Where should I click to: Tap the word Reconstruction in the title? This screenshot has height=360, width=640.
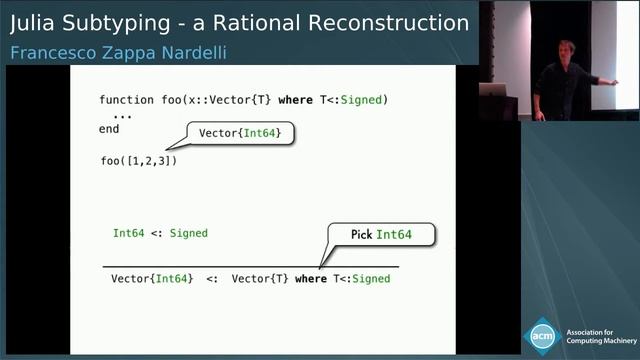394,22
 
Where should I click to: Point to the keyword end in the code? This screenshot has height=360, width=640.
109,129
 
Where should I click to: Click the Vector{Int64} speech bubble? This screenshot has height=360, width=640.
240,133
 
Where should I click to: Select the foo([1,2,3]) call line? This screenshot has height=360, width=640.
139,160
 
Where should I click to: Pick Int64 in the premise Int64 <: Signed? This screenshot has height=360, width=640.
129,233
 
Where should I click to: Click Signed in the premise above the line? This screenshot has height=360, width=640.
189,233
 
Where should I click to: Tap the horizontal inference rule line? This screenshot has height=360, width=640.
250,267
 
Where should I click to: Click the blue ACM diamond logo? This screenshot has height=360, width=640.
543,335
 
